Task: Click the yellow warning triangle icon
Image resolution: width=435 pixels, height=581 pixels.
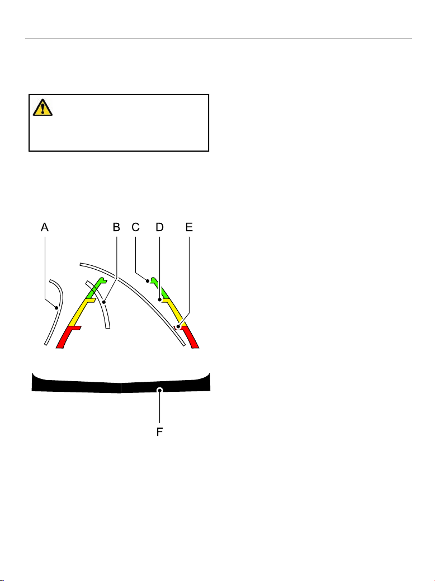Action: [42, 107]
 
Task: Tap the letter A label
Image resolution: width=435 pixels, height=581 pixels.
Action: [45, 227]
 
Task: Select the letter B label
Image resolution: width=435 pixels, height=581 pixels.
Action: [117, 227]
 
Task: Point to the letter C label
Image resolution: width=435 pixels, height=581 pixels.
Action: [135, 227]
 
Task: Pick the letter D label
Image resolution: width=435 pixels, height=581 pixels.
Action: [159, 227]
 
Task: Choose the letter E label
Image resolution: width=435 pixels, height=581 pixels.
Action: [189, 227]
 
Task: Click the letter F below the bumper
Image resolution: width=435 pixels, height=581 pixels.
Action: [159, 432]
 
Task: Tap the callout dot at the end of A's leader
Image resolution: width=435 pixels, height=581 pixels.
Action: [56, 307]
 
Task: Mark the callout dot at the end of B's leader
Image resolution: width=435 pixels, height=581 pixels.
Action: [104, 302]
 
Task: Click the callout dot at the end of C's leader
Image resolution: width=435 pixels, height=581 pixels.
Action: [148, 281]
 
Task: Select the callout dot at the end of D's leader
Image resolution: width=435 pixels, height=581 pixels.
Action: [160, 300]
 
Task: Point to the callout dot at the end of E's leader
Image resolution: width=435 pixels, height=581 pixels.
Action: [178, 326]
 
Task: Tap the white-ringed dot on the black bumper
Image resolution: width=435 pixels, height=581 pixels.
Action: [159, 390]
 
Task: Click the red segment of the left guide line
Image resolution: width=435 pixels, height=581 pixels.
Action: [66, 337]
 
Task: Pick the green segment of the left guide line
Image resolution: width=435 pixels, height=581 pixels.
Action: [96, 288]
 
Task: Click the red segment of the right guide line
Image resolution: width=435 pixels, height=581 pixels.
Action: [190, 336]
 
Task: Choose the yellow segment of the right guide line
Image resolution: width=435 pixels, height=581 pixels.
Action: [173, 311]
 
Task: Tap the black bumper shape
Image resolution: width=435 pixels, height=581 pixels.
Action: [121, 383]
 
